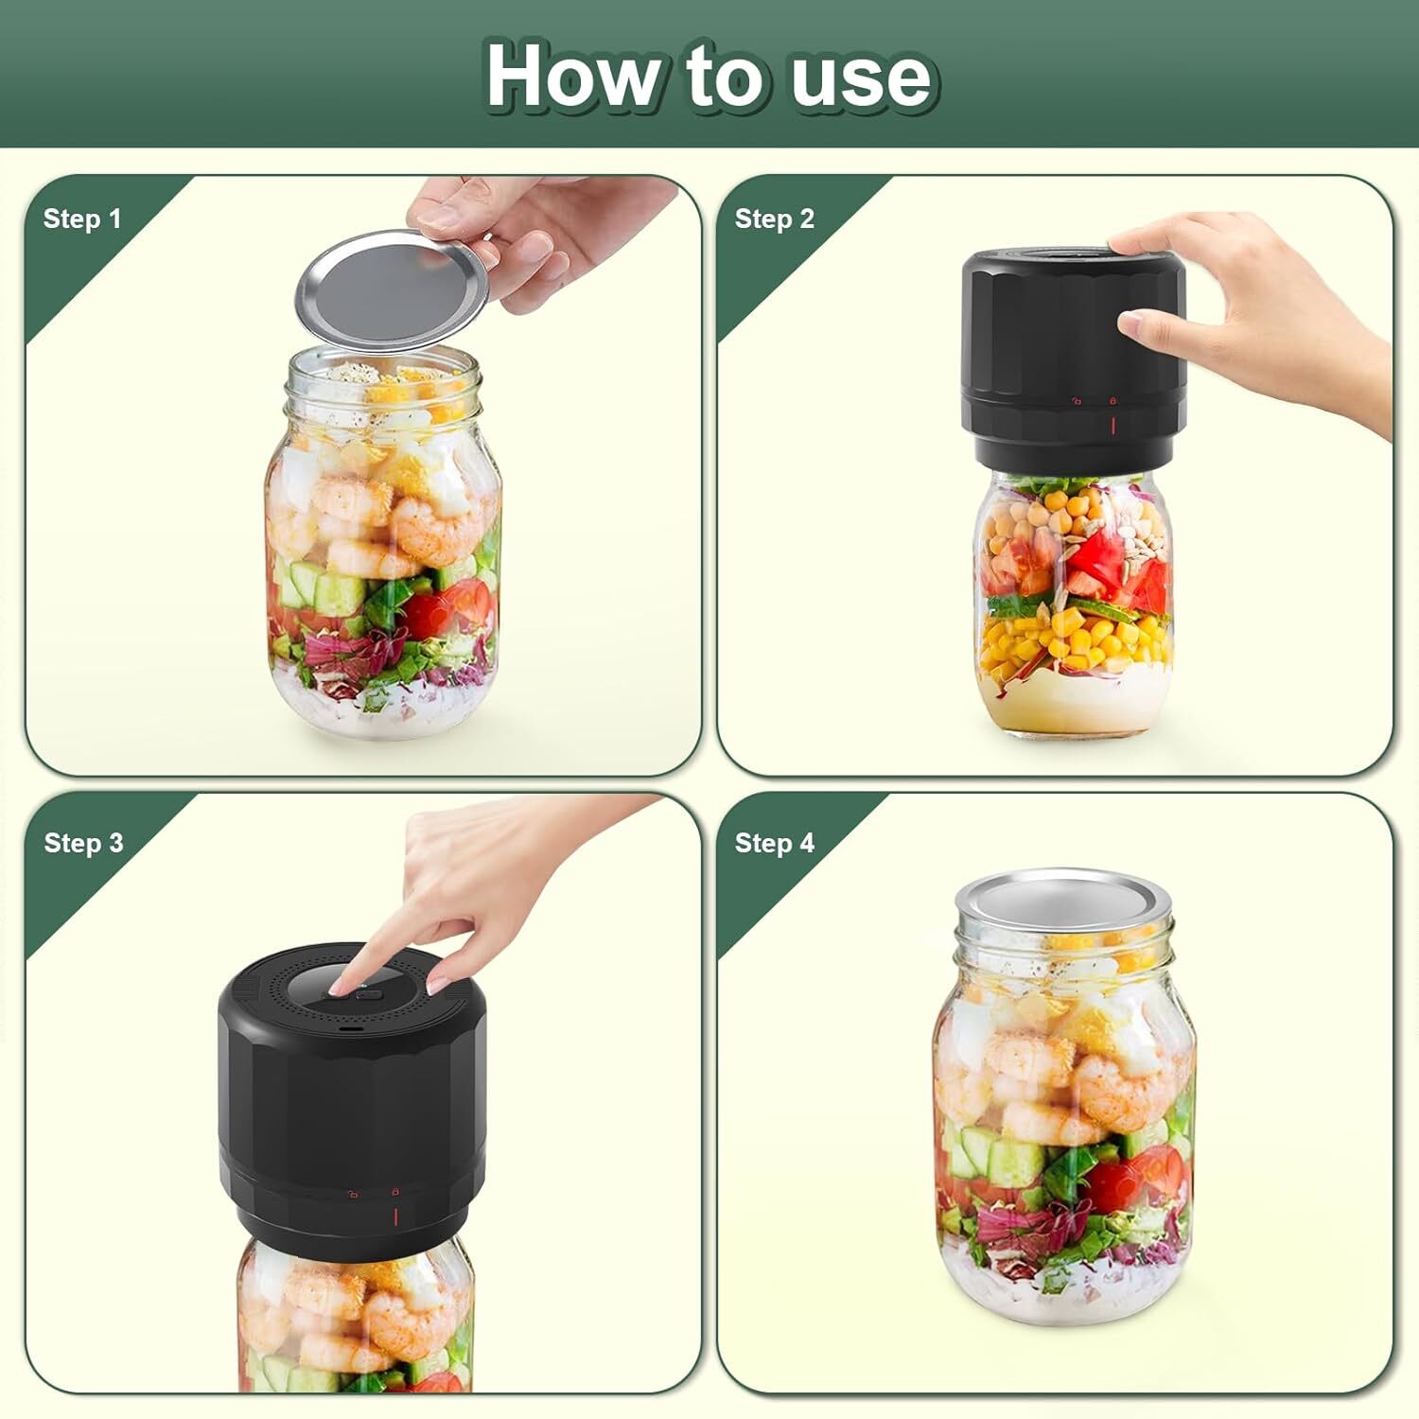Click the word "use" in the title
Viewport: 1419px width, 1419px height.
tap(861, 78)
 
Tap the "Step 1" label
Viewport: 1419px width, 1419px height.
tap(82, 219)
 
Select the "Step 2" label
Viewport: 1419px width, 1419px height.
tap(774, 219)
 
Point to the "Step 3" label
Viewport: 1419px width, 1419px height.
tap(83, 843)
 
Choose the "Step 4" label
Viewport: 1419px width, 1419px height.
tap(774, 843)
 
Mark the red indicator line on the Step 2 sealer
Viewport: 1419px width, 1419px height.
tap(1112, 425)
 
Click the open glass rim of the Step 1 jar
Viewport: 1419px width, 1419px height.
tap(383, 365)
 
